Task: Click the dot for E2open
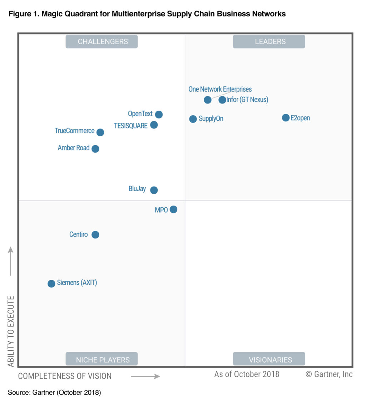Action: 286,118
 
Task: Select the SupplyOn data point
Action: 193,119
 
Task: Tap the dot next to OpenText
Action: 159,115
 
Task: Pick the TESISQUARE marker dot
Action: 154,125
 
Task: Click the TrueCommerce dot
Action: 100,132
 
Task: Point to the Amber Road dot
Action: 95,149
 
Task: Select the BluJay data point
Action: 154,190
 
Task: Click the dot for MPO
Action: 173,209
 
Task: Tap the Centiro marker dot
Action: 95,235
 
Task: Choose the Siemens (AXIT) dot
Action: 51,284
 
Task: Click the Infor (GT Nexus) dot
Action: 222,100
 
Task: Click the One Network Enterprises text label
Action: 220,89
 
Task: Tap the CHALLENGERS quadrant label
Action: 103,42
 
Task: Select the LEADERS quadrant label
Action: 270,42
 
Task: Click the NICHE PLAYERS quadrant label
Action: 103,360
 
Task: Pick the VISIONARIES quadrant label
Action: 270,360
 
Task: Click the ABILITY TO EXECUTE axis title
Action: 11,331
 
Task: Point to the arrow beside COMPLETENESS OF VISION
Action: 145,376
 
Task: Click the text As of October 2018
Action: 247,374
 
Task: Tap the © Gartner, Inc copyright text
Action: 329,374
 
